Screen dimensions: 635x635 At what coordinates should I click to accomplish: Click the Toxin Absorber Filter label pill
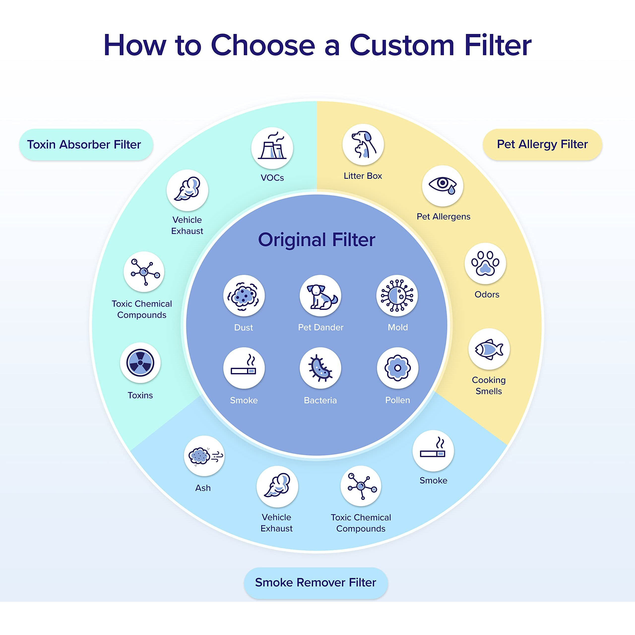[x=86, y=145]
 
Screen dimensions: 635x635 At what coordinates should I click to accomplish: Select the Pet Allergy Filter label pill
[x=542, y=144]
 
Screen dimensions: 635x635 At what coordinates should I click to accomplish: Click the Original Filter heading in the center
[x=317, y=240]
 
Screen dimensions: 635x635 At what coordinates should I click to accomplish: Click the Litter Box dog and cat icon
[x=363, y=145]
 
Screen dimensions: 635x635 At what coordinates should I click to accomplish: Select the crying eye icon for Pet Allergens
[x=443, y=186]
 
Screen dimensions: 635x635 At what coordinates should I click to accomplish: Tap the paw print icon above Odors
[x=485, y=264]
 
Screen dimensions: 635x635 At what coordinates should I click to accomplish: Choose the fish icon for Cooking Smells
[x=489, y=349]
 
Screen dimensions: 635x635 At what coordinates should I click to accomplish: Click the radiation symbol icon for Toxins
[x=140, y=363]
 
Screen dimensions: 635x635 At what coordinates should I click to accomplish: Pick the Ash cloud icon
[x=204, y=456]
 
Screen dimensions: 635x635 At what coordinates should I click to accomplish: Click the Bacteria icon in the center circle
[x=320, y=368]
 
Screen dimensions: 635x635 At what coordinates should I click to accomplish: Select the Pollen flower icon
[x=397, y=368]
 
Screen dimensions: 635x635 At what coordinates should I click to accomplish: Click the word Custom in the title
[x=402, y=45]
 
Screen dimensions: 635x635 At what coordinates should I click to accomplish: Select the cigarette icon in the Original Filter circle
[x=244, y=368]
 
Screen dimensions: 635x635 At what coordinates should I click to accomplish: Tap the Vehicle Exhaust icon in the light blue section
[x=277, y=486]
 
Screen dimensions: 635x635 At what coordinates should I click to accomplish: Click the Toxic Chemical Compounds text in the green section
[x=142, y=309]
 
